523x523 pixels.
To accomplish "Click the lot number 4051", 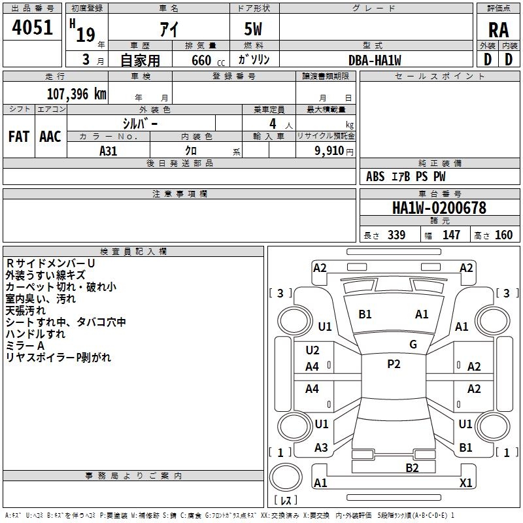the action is pos(33,30).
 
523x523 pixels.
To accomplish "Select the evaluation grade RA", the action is pos(499,29).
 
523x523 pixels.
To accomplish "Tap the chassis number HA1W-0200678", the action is pos(439,208).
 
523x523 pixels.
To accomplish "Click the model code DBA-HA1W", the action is pos(375,59).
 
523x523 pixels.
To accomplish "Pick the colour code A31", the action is pos(109,150).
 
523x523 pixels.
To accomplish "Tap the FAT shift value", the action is pos(18,137).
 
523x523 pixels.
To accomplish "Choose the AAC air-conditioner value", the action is pos(50,137).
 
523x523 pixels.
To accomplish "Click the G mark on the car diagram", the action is pos(413,345).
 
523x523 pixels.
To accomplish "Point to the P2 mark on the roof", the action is pos(394,364).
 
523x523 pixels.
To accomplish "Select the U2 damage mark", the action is pos(312,350).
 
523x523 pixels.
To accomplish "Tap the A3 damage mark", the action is pos(321,448).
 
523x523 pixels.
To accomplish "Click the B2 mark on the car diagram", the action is pos(412,467).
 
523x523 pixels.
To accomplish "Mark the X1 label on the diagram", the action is pos(465,483).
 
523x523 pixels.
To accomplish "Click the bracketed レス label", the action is pos(285,501).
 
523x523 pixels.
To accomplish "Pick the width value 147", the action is pos(451,235).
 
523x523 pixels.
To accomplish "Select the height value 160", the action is pos(503,235).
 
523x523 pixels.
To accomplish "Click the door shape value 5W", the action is pos(254,30).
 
